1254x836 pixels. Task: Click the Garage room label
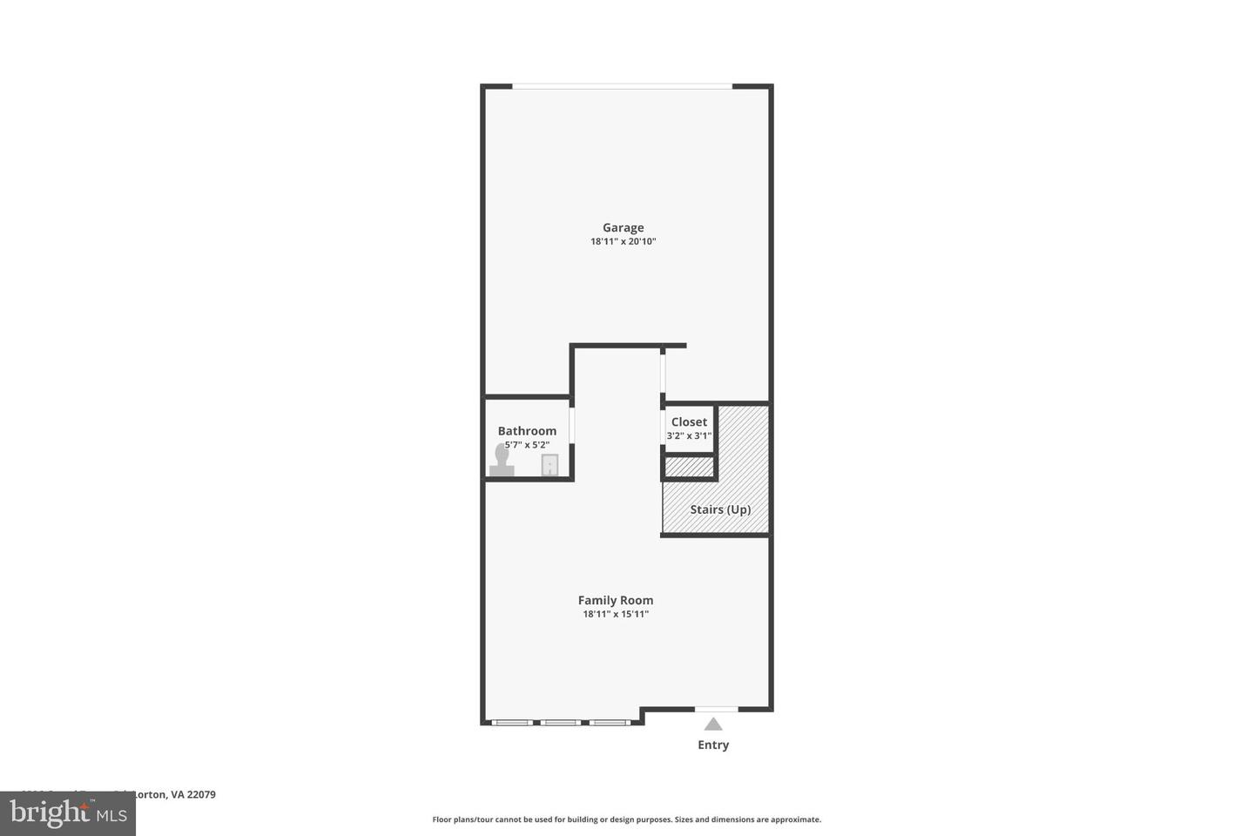pyautogui.click(x=623, y=228)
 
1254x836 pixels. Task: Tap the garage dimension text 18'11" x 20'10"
pyautogui.click(x=623, y=241)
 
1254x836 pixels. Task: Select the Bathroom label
pyautogui.click(x=527, y=431)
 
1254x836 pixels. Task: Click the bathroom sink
pyautogui.click(x=549, y=466)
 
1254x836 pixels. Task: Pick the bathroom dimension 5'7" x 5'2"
pyautogui.click(x=527, y=445)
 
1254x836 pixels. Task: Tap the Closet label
pyautogui.click(x=689, y=422)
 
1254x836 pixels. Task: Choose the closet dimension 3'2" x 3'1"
pyautogui.click(x=689, y=436)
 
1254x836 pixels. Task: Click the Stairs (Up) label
pyautogui.click(x=720, y=509)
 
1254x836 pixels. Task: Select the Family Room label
pyautogui.click(x=616, y=600)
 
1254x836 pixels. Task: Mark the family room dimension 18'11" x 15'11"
pyautogui.click(x=616, y=614)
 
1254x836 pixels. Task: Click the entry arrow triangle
pyautogui.click(x=713, y=724)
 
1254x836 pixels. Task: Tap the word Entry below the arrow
pyautogui.click(x=713, y=745)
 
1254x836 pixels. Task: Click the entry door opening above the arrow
pyautogui.click(x=716, y=710)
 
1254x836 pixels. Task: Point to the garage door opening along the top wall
pyautogui.click(x=622, y=86)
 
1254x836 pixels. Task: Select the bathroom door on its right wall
pyautogui.click(x=572, y=426)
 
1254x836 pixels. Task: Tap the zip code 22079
pyautogui.click(x=201, y=794)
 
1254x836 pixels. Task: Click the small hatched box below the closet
pyautogui.click(x=689, y=468)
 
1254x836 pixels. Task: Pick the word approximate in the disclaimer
pyautogui.click(x=795, y=819)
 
